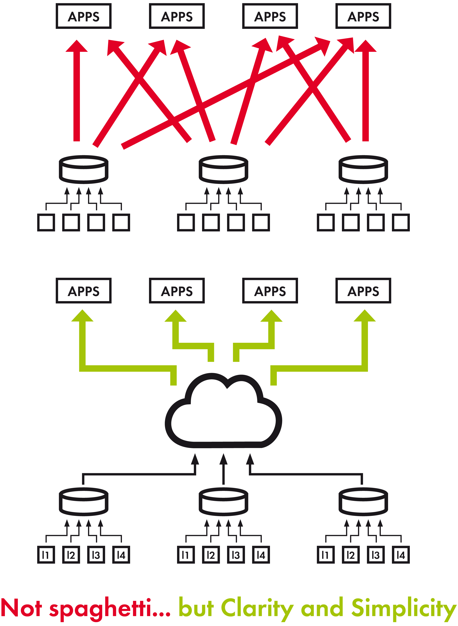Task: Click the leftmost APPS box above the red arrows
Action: coord(84,16)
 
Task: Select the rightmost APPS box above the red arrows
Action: coord(363,16)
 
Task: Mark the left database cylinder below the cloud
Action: coord(84,502)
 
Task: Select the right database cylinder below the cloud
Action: coord(363,502)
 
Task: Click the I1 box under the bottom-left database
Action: coord(46,555)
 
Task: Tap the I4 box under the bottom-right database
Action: coord(401,555)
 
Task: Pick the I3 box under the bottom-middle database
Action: coord(236,555)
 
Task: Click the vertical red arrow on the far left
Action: coord(76,91)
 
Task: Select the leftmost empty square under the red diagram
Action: coord(46,222)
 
